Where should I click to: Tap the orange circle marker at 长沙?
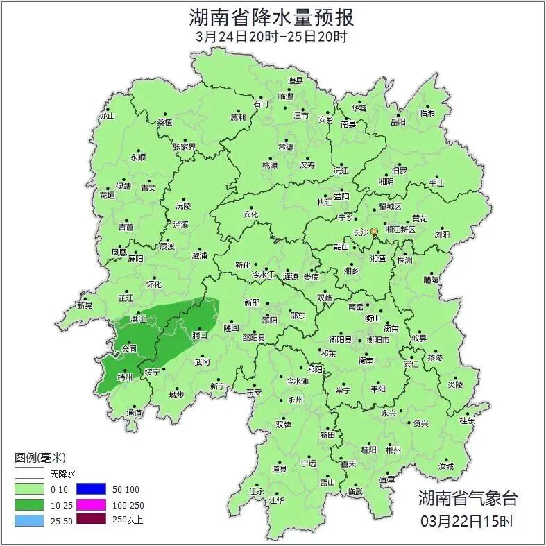pos(375,231)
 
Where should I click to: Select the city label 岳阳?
pos(398,122)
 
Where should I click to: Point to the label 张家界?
pos(185,147)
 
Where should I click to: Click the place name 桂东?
pos(467,420)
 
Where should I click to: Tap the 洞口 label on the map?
pos(200,335)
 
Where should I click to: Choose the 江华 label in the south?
pos(276,500)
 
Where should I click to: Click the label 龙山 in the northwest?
pos(107,117)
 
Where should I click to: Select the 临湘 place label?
pos(427,112)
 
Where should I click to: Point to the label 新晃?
pos(85,305)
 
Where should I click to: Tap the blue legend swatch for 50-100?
pos(90,490)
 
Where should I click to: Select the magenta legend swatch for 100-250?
pos(90,505)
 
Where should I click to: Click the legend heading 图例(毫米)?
pos(40,458)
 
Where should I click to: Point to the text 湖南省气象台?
pos(468,497)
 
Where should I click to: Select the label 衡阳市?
pos(378,340)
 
